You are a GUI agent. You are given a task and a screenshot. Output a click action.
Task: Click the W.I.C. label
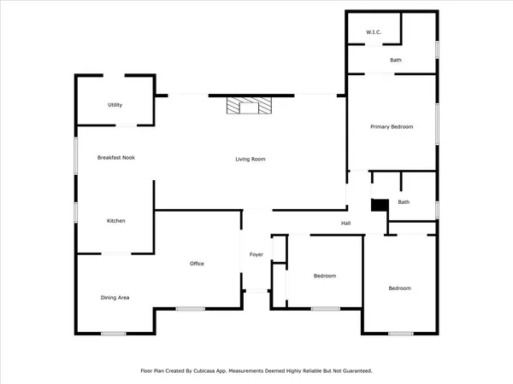[373, 32]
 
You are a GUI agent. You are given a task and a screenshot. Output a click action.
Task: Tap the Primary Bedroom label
[392, 126]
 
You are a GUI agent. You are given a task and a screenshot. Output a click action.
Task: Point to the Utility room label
[115, 105]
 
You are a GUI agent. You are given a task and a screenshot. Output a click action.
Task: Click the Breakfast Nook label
[116, 157]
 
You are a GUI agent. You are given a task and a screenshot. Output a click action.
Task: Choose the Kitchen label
[116, 221]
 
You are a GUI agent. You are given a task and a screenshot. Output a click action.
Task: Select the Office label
[197, 264]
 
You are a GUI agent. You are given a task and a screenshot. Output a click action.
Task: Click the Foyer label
[256, 255]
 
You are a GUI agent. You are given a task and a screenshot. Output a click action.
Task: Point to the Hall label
[346, 224]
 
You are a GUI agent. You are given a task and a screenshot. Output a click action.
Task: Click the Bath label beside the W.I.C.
[396, 60]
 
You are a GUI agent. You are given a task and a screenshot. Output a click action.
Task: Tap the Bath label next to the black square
[404, 202]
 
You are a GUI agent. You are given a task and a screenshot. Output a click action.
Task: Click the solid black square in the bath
[379, 204]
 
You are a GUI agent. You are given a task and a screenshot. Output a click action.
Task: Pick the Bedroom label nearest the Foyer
[324, 276]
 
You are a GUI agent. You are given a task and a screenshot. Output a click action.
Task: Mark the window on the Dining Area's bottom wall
[114, 334]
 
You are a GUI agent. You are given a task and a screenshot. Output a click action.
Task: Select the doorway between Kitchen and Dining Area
[116, 253]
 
